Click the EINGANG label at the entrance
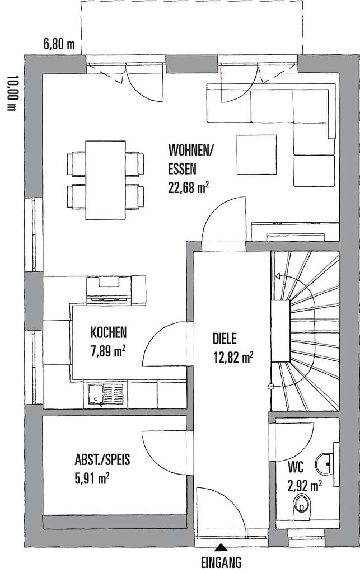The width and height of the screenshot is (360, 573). click(x=222, y=561)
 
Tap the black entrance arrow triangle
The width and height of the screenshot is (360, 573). click(x=222, y=548)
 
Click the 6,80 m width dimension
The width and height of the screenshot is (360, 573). click(x=59, y=44)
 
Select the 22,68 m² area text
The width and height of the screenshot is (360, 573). click(x=189, y=187)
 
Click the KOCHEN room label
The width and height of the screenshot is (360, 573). click(x=109, y=332)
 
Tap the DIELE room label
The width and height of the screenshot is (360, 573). click(x=225, y=338)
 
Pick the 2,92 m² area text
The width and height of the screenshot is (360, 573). click(x=304, y=485)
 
